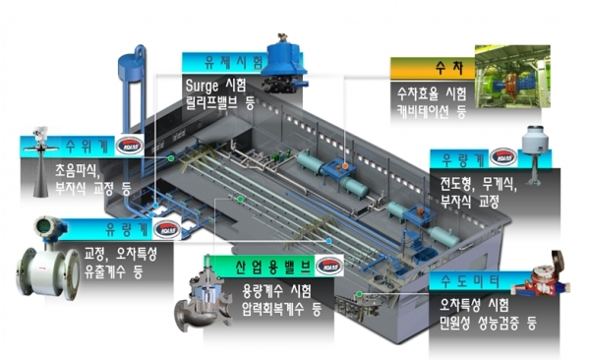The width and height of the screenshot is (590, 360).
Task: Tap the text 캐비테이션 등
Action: [x=425, y=112]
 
